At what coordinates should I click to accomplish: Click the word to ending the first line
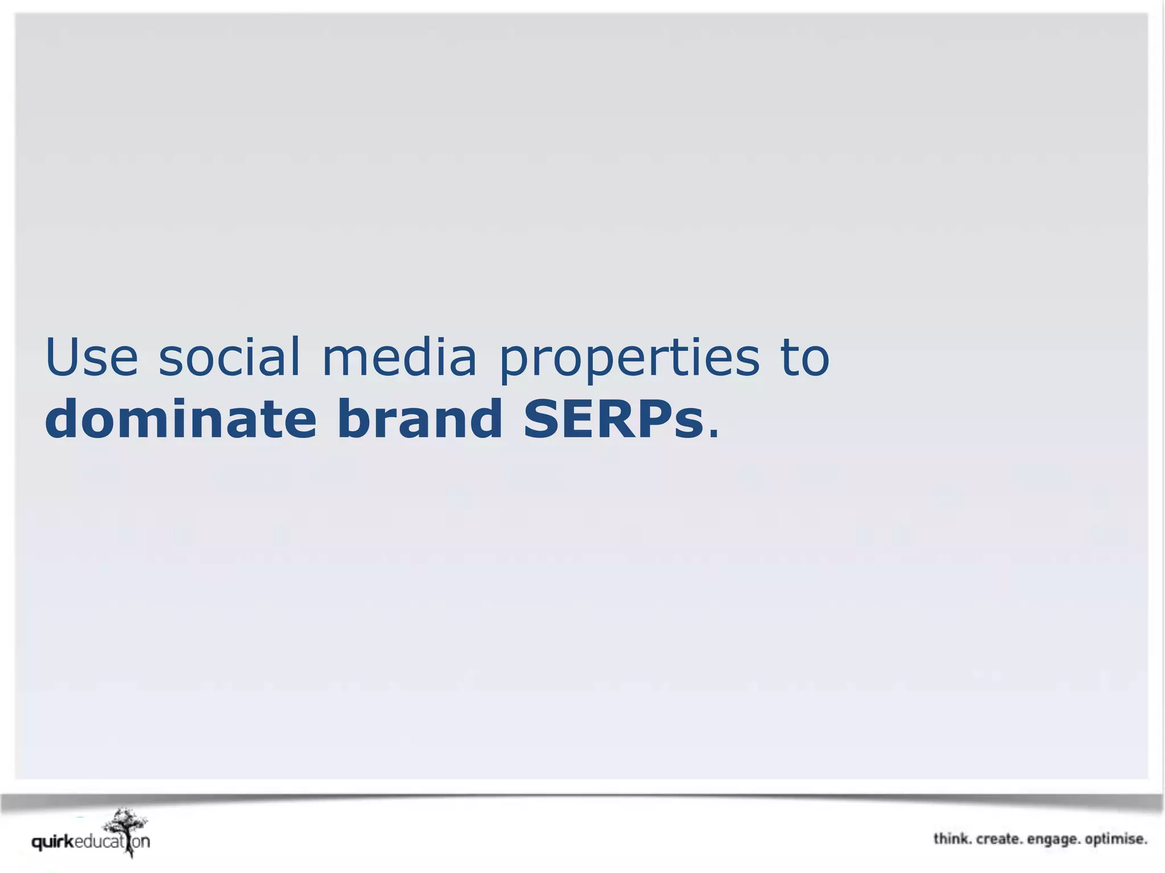point(805,358)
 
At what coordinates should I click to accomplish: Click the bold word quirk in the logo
point(53,842)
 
